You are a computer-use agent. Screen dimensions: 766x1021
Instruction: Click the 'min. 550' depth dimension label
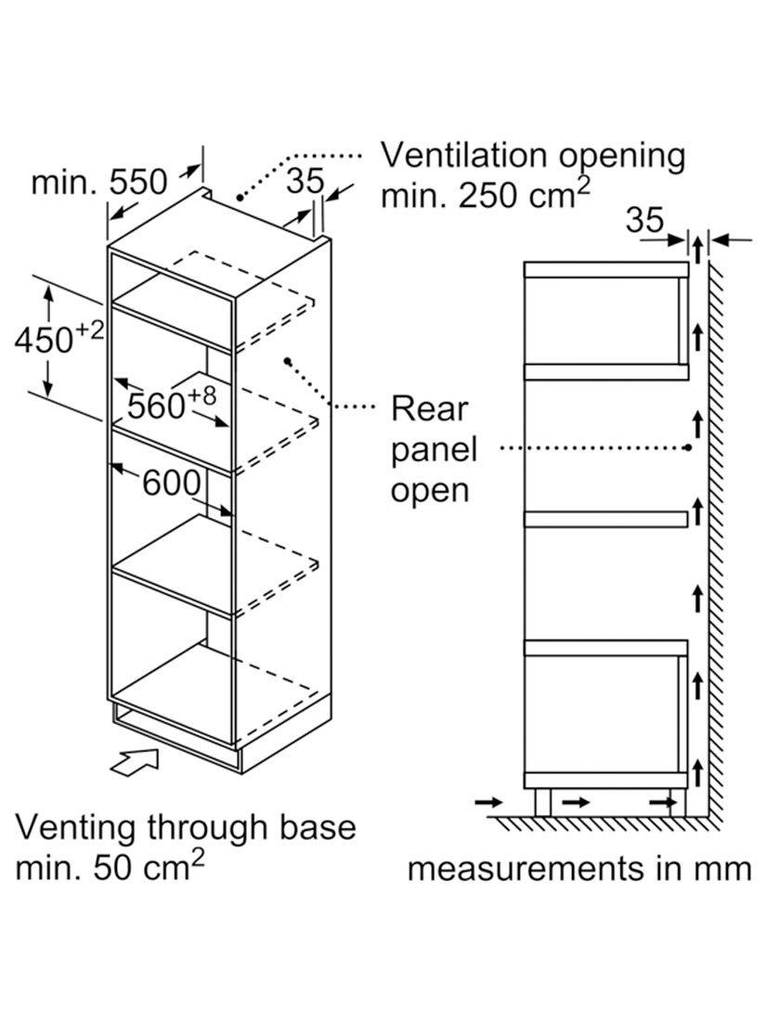click(x=99, y=182)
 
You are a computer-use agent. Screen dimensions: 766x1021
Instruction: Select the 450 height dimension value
click(x=45, y=340)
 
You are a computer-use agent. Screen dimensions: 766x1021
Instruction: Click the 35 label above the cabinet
click(x=305, y=180)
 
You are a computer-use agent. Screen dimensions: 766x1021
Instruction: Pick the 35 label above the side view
click(x=645, y=220)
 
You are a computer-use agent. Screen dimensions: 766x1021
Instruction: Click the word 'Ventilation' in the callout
click(x=463, y=156)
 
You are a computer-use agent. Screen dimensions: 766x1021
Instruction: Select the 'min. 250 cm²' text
click(x=486, y=194)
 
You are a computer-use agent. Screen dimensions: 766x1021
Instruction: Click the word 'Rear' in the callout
click(x=429, y=409)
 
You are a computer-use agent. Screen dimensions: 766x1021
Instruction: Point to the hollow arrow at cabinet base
click(x=136, y=762)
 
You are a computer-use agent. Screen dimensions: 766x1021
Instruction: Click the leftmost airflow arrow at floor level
click(x=488, y=802)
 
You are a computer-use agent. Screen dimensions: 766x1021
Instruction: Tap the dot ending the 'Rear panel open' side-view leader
click(x=689, y=448)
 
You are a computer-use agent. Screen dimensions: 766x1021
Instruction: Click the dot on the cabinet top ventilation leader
click(x=240, y=196)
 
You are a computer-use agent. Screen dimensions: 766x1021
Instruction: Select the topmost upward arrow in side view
click(x=697, y=250)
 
